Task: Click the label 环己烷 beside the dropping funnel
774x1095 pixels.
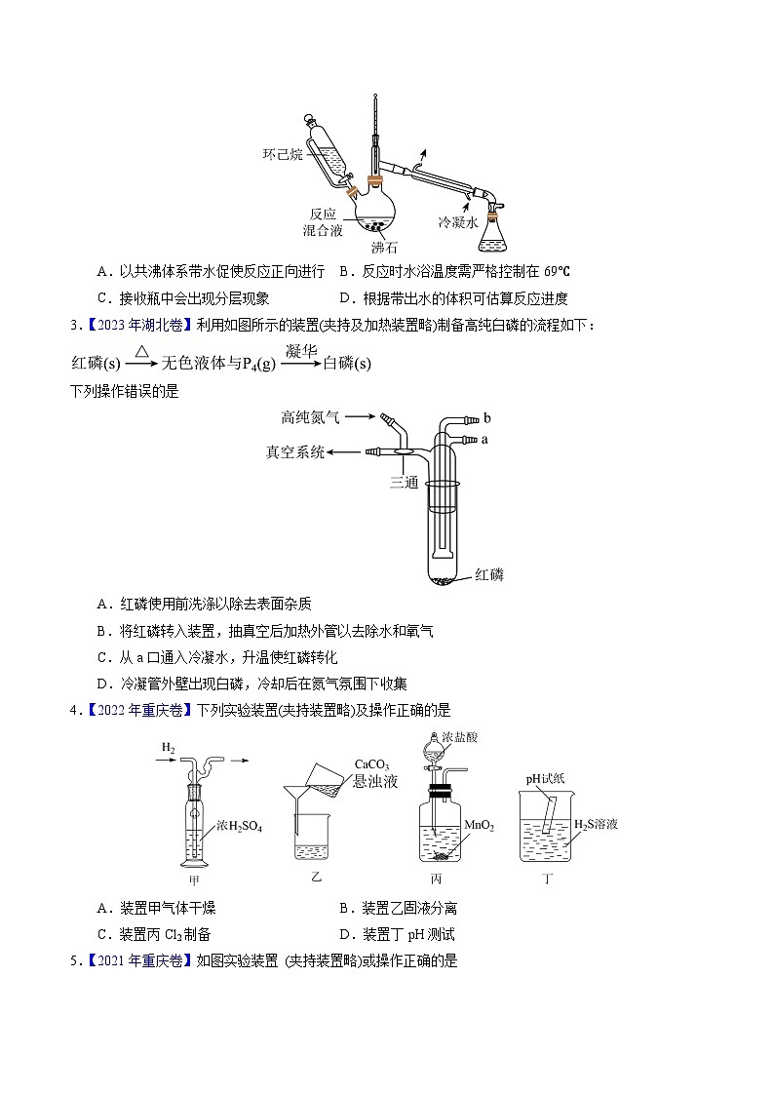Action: click(x=283, y=154)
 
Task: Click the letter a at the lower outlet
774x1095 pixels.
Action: click(x=484, y=440)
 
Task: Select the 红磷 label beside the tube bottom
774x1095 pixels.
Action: click(x=489, y=574)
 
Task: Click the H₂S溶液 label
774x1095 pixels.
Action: click(x=595, y=824)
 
